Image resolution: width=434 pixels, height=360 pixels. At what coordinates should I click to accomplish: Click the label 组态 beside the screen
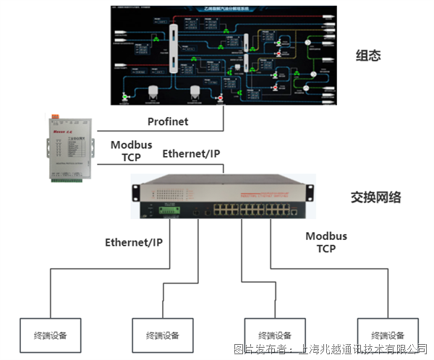coord(367,56)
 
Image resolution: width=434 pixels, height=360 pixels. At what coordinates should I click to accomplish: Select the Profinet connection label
coord(169,121)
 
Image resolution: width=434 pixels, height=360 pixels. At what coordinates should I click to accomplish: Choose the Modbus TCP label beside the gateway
coord(131,150)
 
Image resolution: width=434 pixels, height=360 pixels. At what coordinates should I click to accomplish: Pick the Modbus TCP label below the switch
coord(325,242)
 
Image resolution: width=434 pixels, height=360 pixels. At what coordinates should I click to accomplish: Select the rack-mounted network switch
coord(223,200)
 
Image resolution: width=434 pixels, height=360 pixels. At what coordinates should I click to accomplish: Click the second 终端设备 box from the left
coord(161,335)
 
